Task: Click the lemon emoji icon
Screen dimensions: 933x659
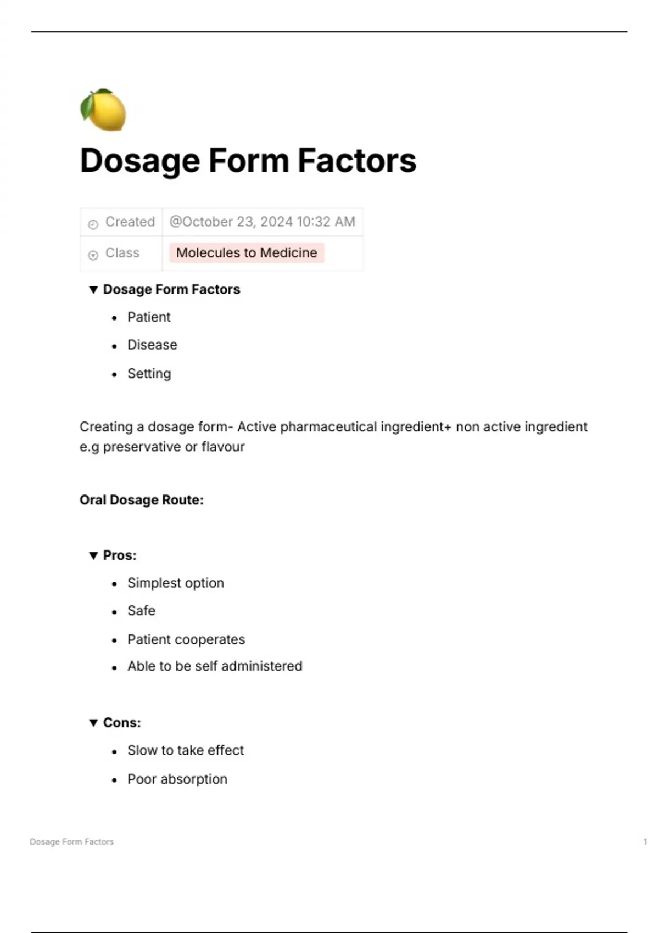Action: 103,110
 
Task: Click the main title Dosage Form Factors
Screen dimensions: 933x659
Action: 248,161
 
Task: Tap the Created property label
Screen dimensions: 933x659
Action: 130,222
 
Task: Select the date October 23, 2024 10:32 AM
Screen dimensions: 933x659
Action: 262,222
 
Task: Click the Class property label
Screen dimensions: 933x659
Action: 122,253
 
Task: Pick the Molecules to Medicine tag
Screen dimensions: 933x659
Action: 247,253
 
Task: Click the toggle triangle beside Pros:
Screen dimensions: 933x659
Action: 93,555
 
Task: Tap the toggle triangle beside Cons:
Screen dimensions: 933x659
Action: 93,723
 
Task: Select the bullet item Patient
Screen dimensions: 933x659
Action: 149,317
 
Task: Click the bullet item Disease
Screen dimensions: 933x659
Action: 152,345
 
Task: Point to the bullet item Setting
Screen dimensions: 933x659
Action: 149,374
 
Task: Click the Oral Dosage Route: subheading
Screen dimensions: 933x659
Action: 141,500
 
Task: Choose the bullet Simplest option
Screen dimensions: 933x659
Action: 175,583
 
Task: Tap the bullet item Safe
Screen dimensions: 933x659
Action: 141,611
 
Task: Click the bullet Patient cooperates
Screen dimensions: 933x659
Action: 186,639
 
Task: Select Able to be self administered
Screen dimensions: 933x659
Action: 215,666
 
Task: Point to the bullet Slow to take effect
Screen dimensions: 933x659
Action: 185,750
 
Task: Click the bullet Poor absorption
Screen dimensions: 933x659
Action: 177,779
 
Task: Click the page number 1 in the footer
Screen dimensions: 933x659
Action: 645,841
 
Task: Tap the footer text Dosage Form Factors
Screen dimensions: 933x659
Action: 71,841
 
